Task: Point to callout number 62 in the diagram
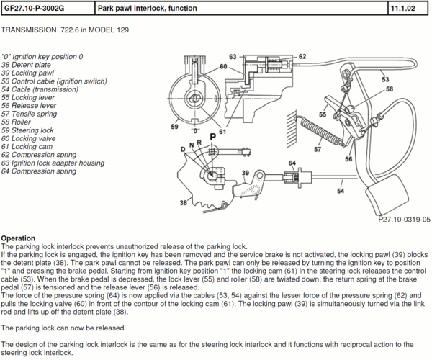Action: pos(302,56)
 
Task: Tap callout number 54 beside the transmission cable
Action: pos(341,192)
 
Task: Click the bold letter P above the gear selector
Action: pos(213,135)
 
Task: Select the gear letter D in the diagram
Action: pos(184,148)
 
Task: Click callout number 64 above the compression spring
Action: pos(292,163)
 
